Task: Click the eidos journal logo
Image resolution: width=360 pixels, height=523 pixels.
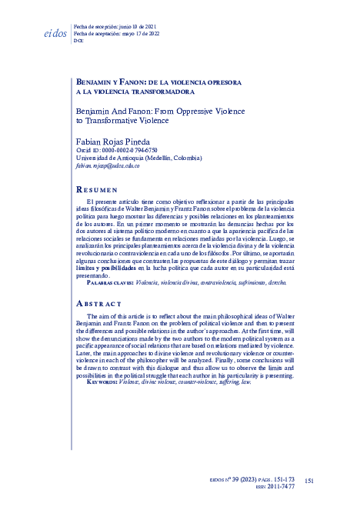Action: pyautogui.click(x=51, y=34)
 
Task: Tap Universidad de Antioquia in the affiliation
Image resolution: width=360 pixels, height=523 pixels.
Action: pyautogui.click(x=114, y=158)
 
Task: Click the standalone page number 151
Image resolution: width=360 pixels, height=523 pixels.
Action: pyautogui.click(x=309, y=480)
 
